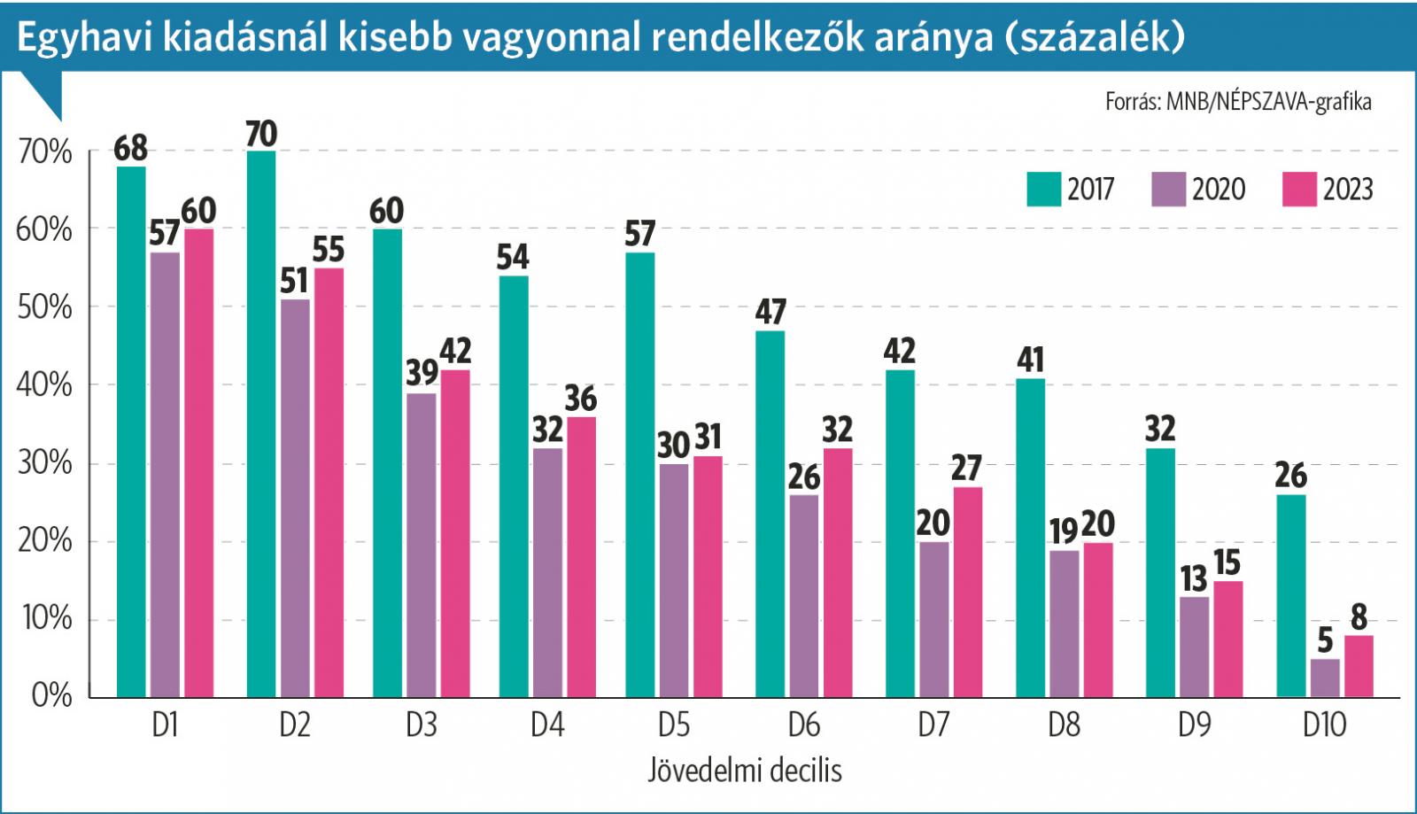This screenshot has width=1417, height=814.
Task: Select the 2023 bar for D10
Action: point(1359,666)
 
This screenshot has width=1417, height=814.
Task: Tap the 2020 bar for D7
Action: point(933,619)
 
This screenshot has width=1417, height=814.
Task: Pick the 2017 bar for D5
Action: point(640,475)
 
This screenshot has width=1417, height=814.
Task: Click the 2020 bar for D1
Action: point(165,475)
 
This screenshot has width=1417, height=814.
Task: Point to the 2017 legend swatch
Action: point(1043,189)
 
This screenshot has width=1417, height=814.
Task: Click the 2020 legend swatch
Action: point(1168,189)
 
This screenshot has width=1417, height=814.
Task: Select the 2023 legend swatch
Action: point(1299,189)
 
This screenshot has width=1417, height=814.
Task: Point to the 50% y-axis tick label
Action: point(44,307)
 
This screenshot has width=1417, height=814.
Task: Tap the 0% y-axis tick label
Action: point(51,695)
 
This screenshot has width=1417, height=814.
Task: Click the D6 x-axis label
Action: point(803,725)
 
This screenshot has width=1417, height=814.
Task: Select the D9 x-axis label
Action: point(1194,725)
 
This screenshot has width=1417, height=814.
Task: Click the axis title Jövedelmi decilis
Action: point(744,770)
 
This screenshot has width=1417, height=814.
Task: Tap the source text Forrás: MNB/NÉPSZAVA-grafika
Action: point(1237,102)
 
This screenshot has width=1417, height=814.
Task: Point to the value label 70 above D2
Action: point(261,135)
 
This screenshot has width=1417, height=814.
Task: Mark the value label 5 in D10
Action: point(1325,640)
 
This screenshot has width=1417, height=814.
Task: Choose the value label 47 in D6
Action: point(770,312)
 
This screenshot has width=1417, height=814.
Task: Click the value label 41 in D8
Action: point(1030,360)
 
